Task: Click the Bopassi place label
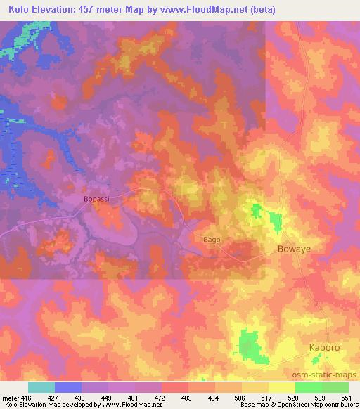coord(97,199)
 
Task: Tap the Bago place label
coord(212,240)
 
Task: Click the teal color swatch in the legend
coord(41,387)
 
